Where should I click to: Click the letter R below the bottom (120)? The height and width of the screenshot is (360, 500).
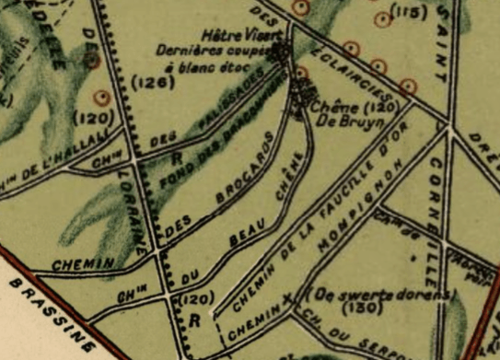click(x=194, y=321)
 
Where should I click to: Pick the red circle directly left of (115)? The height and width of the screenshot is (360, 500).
click(x=380, y=21)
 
